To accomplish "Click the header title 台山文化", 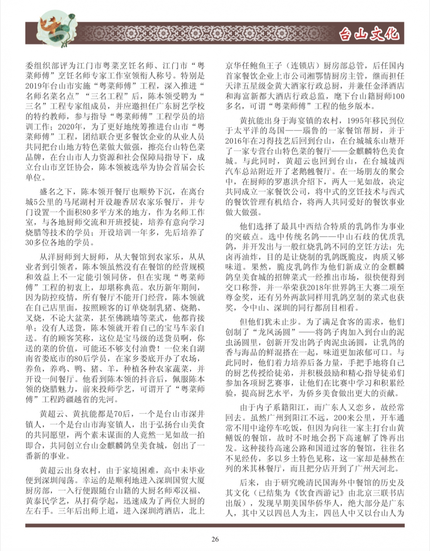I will point(369,34).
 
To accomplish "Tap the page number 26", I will point(215,539).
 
